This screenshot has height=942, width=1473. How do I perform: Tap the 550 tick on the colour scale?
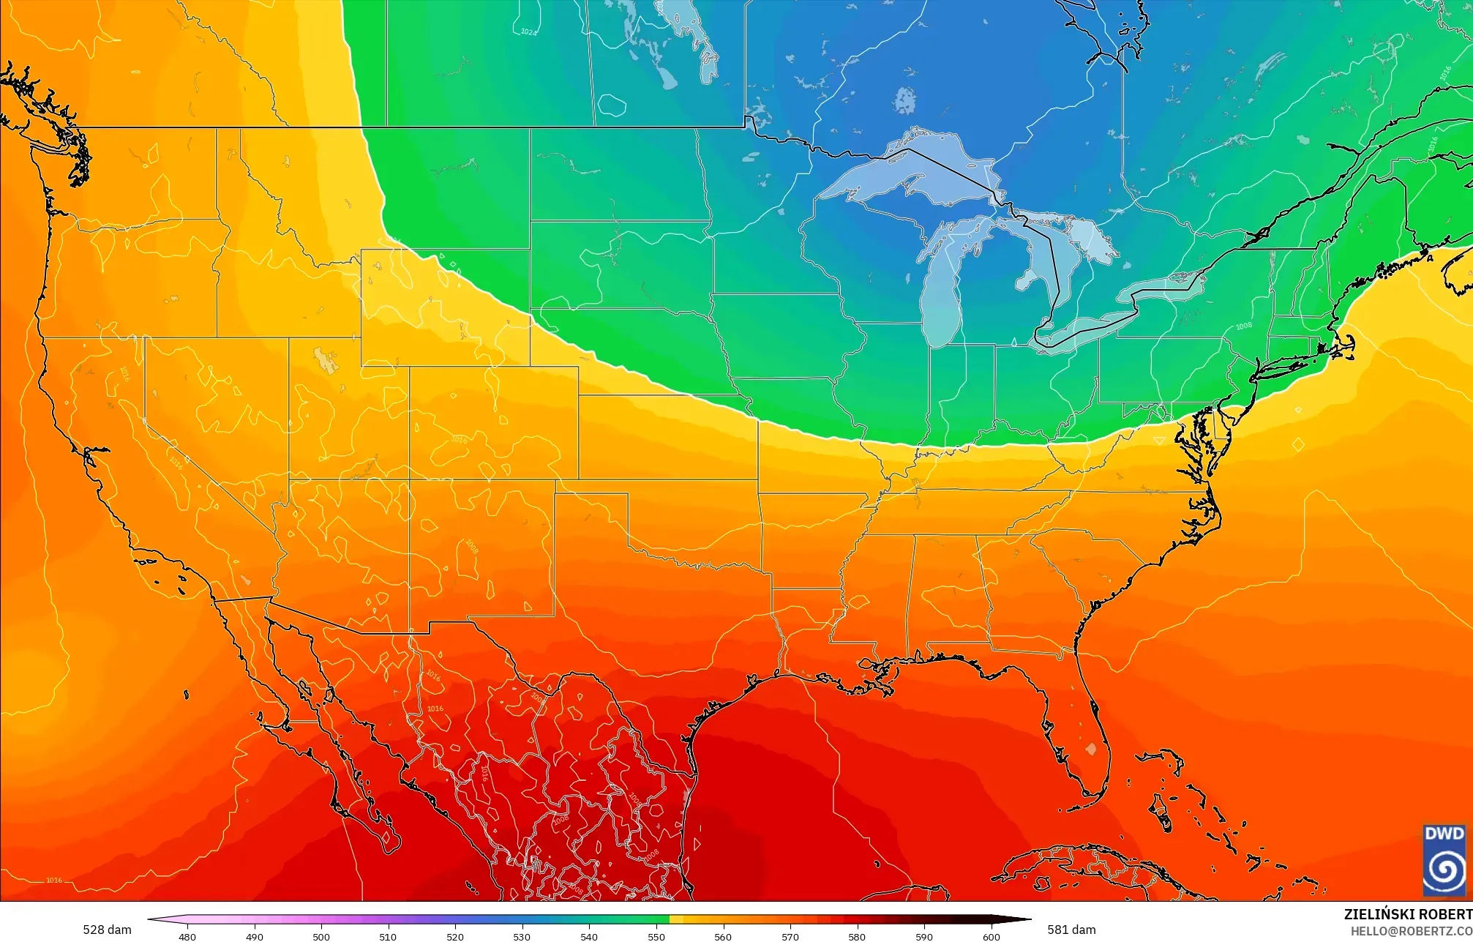pos(656,936)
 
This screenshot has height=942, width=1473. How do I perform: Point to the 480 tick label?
pos(187,936)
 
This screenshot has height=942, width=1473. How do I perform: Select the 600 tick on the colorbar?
pos(991,936)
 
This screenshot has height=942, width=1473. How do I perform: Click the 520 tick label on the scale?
pos(455,936)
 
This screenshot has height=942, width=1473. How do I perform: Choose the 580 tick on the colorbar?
pos(857,936)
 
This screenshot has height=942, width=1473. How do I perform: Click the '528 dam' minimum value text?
pos(107,930)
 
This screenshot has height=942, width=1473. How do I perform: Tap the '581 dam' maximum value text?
pos(1071,930)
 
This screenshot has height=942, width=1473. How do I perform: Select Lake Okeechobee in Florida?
pos(1091,749)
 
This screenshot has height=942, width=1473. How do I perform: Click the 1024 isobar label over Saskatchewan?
pos(528,31)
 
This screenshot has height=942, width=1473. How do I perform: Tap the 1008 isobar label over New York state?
pos(1243,326)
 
